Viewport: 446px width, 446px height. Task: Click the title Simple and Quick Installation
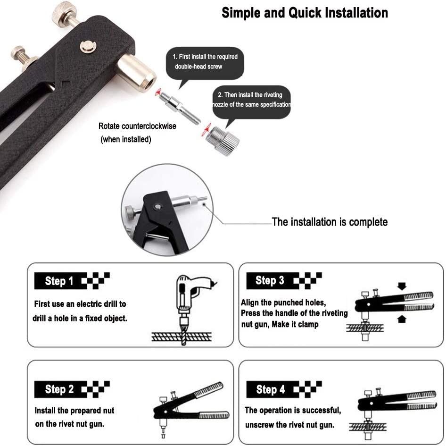pos(305,13)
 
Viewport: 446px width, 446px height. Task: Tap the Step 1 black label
pos(59,281)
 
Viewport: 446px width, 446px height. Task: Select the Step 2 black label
pos(59,389)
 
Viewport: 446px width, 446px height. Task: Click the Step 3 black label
pos(270,281)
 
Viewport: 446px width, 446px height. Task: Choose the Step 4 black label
pos(270,389)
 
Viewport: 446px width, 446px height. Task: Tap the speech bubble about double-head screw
pos(205,62)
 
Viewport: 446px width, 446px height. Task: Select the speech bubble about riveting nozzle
pos(251,100)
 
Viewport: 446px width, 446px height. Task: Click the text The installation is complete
pos(330,222)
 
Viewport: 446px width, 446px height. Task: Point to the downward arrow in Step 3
pos(401,286)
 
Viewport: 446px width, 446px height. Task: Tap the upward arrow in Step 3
pos(401,320)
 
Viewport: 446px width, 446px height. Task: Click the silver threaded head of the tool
pos(136,71)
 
